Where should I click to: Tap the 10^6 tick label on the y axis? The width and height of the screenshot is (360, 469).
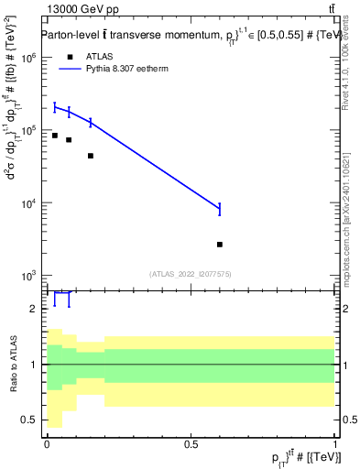(x=27, y=57)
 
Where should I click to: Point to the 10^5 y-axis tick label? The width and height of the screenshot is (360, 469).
(x=27, y=130)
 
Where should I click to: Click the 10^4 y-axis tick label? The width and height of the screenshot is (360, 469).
(x=27, y=203)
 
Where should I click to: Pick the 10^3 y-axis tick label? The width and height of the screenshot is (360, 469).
(x=27, y=276)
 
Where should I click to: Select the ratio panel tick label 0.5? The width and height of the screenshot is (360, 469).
(x=28, y=420)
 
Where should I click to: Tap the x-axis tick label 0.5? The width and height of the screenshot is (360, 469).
(x=191, y=442)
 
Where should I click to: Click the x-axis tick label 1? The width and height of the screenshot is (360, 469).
(x=335, y=442)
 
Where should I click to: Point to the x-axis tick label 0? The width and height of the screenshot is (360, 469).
(x=46, y=442)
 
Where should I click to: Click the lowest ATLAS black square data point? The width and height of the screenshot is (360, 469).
(x=220, y=245)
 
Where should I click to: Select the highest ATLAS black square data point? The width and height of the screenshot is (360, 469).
(x=55, y=136)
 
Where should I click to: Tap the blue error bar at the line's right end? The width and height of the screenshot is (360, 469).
(x=220, y=209)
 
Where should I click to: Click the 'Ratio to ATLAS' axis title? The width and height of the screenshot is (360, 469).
(x=12, y=364)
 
